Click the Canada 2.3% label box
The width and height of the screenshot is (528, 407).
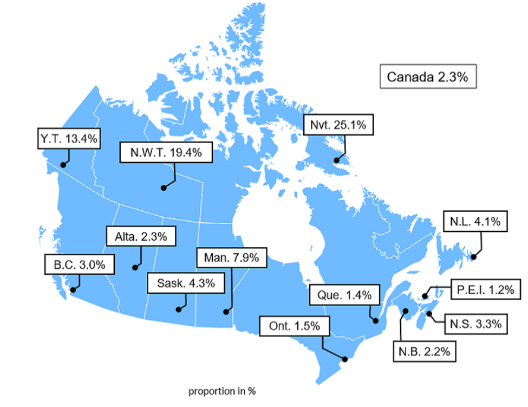427,77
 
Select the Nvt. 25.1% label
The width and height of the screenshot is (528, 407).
338,125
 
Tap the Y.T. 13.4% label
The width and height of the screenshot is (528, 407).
69,139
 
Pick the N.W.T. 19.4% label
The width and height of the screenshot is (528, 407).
166,152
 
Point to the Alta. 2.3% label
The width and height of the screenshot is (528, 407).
141,236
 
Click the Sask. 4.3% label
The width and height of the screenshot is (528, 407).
186,283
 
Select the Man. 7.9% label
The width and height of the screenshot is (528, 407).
232,257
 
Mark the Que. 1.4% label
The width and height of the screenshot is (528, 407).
344,295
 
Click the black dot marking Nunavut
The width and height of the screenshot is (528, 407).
336,160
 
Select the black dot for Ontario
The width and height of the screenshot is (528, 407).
344,358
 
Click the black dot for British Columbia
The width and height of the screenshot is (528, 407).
73,290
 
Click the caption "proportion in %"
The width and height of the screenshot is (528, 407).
222,391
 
